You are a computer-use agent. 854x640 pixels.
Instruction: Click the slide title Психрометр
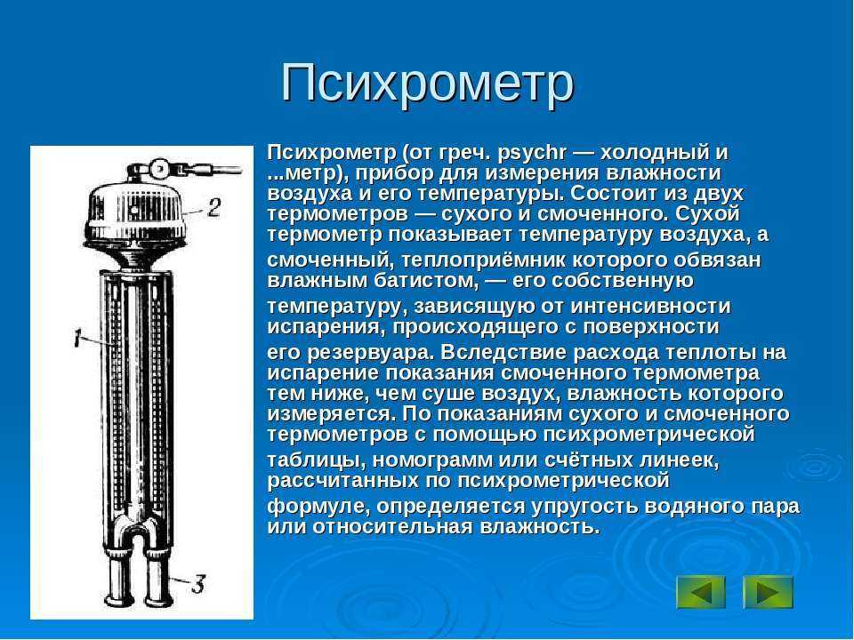click(428, 84)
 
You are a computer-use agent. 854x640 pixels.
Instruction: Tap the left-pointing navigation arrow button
click(701, 592)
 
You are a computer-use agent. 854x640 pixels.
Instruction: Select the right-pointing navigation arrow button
click(768, 592)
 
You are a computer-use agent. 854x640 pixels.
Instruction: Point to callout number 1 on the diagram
click(79, 338)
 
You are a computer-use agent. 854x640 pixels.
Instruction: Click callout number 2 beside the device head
click(214, 207)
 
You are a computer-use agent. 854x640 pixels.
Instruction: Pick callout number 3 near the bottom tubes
click(197, 585)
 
